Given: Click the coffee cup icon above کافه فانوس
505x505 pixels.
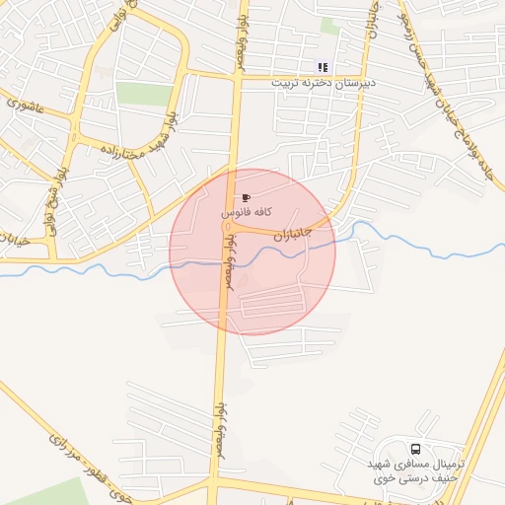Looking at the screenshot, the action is [x=246, y=198].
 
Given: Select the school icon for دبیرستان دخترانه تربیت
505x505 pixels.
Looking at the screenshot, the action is [x=323, y=68].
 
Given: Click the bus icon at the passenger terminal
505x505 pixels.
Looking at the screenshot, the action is [x=414, y=448].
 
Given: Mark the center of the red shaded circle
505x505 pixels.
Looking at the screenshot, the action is [x=252, y=252].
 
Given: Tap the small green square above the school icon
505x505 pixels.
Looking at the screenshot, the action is [x=329, y=27].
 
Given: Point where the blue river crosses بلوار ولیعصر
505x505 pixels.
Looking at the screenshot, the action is [x=224, y=262].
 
